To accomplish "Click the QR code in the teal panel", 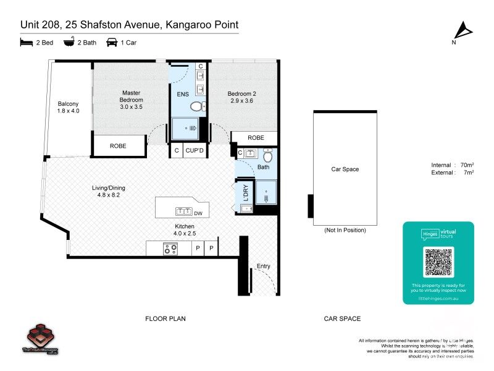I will tap(438, 261).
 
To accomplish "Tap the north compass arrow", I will tap(463, 32).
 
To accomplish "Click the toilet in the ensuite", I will tap(197, 107).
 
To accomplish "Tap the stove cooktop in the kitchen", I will tap(170, 249).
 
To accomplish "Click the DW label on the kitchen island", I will tap(198, 214).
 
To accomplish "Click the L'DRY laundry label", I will tap(245, 194).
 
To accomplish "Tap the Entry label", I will tap(263, 267).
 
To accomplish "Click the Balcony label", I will tap(68, 107).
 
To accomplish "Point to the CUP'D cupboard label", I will tap(195, 150).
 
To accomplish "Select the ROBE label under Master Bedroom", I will tap(118, 147).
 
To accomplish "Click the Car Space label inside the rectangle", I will tap(345, 169).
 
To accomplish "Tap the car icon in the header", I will tap(112, 43).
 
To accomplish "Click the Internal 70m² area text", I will tap(452, 165).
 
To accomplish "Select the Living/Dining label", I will tap(109, 189).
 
